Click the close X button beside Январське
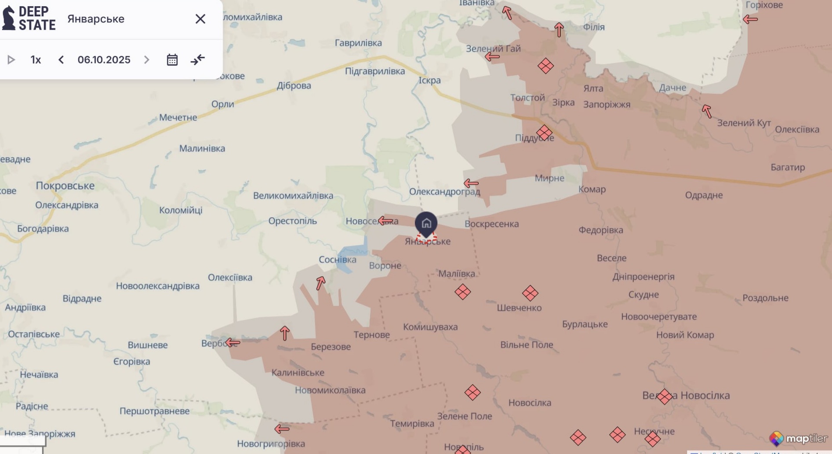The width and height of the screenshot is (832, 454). pyautogui.click(x=200, y=19)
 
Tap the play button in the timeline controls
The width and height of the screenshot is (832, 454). pyautogui.click(x=11, y=60)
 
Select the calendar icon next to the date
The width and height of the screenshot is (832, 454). pyautogui.click(x=172, y=60)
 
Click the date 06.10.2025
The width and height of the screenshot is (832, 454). pyautogui.click(x=104, y=60)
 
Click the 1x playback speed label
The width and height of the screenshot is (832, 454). pyautogui.click(x=36, y=60)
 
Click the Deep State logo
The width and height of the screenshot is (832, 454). pyautogui.click(x=29, y=18)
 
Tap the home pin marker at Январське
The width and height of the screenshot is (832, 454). pyautogui.click(x=426, y=223)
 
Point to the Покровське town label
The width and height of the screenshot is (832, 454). pyautogui.click(x=65, y=186)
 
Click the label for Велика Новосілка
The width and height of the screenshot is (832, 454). pyautogui.click(x=686, y=395)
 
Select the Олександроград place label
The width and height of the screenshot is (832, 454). pyautogui.click(x=444, y=192)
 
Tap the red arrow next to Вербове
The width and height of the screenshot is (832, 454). pyautogui.click(x=233, y=342)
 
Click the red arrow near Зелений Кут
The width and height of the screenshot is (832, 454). pyautogui.click(x=707, y=111)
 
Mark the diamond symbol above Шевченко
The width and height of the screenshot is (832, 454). pyautogui.click(x=530, y=293)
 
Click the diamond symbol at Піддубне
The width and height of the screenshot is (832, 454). pyautogui.click(x=544, y=132)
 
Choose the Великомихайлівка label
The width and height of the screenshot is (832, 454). pyautogui.click(x=293, y=196)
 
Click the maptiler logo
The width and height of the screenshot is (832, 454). pyautogui.click(x=798, y=438)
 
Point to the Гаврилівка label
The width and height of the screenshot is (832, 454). pyautogui.click(x=358, y=43)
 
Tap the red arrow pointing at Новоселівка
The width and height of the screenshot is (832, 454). pyautogui.click(x=385, y=220)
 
